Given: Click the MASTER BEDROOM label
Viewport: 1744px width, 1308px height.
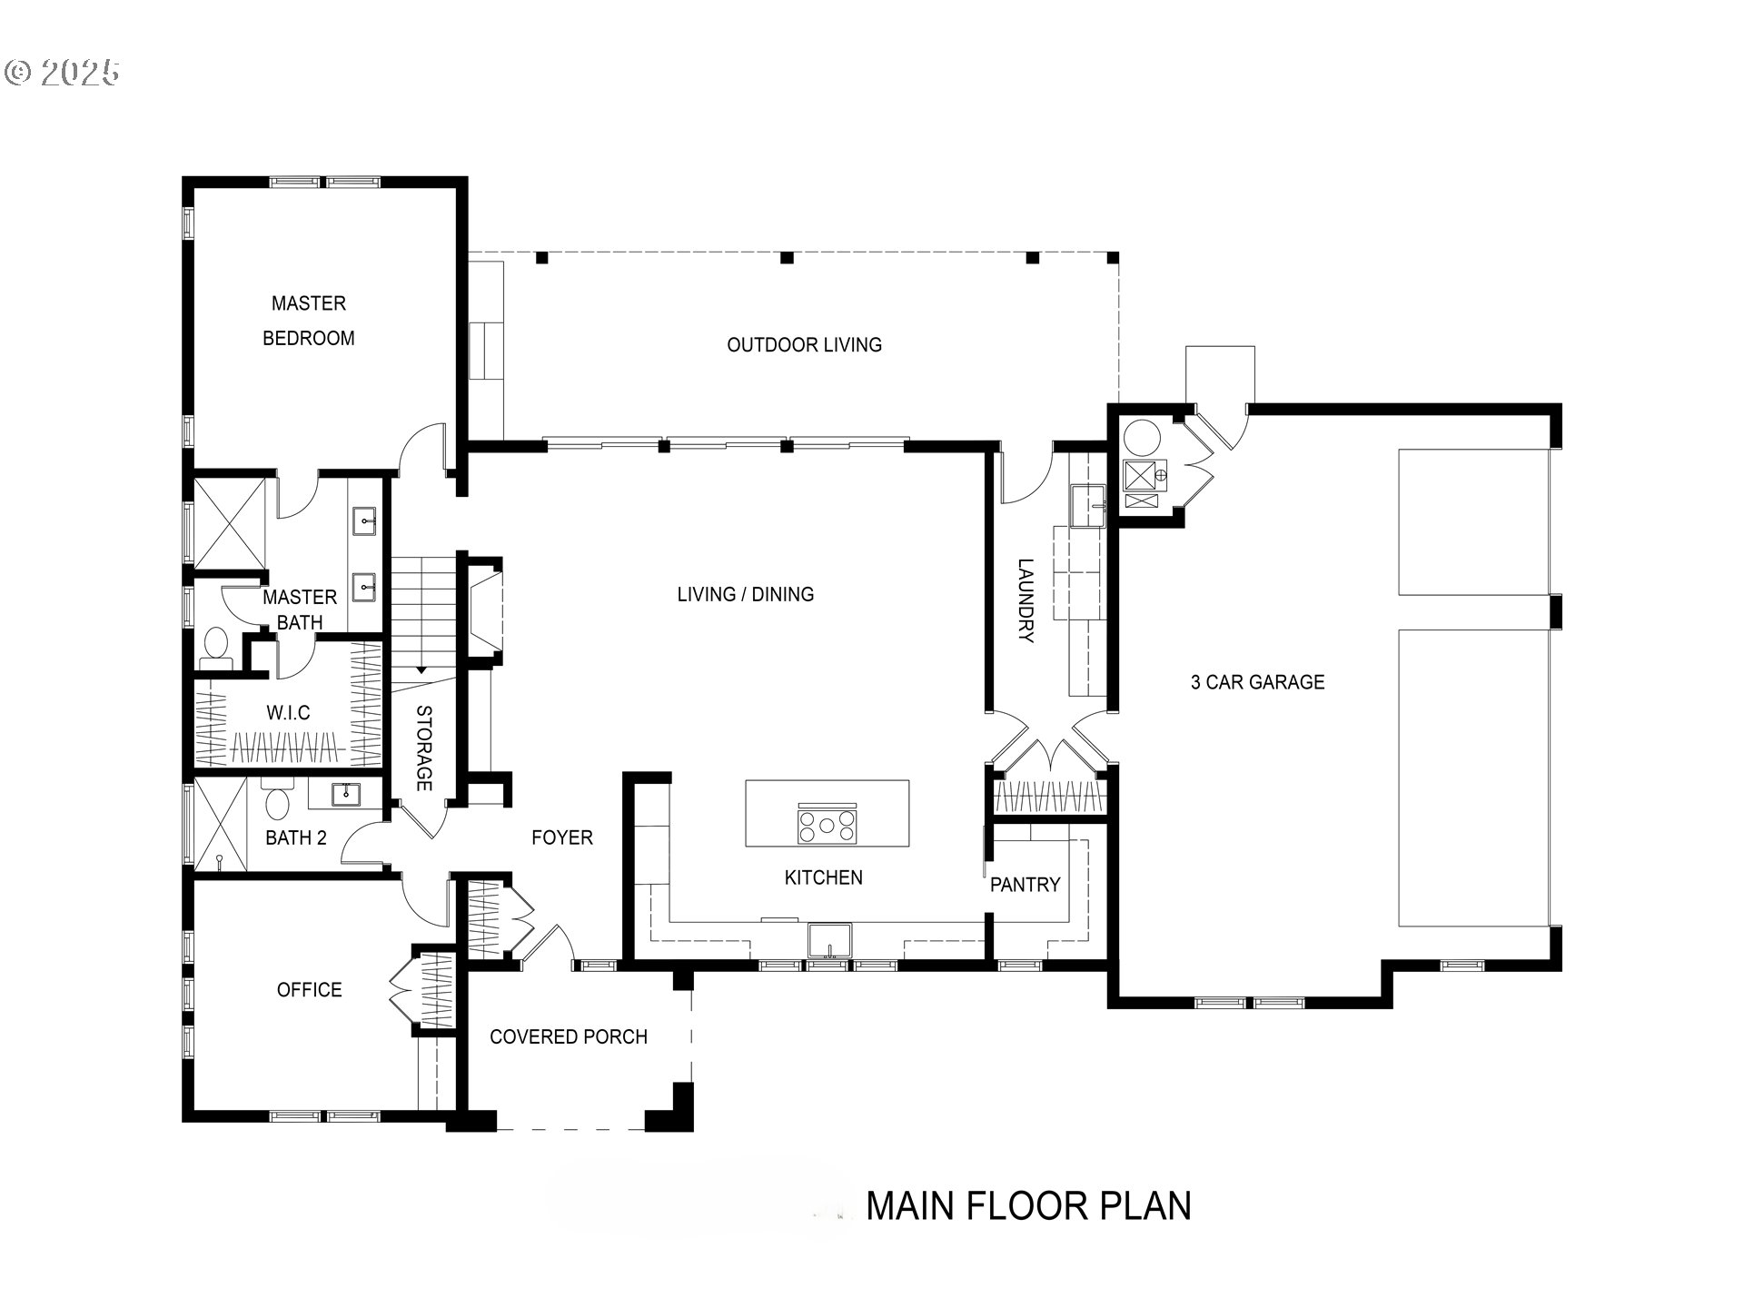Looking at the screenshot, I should (x=308, y=320).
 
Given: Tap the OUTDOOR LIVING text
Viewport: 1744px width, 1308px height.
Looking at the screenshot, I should (x=804, y=345).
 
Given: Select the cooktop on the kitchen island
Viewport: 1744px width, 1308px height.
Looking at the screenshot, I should (x=827, y=826).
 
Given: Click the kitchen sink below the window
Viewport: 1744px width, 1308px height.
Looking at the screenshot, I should (x=829, y=941).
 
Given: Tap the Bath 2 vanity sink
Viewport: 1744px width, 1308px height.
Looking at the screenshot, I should (x=346, y=794).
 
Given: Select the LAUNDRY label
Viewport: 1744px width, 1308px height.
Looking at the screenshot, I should (x=1025, y=600).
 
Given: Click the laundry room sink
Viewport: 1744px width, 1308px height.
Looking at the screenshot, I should (x=1086, y=506).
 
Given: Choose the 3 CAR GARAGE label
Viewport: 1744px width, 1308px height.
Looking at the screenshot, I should (x=1257, y=682).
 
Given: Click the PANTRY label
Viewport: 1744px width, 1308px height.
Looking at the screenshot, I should (x=1025, y=885).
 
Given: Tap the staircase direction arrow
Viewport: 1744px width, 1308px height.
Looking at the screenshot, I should (x=421, y=669).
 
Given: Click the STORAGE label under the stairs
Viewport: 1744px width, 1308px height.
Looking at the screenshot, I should (x=423, y=748).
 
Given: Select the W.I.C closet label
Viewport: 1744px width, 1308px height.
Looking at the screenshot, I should (x=288, y=713).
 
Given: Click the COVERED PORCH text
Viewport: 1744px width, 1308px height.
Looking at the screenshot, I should (x=568, y=1037).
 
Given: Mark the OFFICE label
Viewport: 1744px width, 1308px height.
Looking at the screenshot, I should (x=309, y=990).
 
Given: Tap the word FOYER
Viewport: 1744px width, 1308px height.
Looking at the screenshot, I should (x=561, y=837).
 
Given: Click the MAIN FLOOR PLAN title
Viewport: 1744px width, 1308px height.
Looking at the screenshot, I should (x=1028, y=1206).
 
